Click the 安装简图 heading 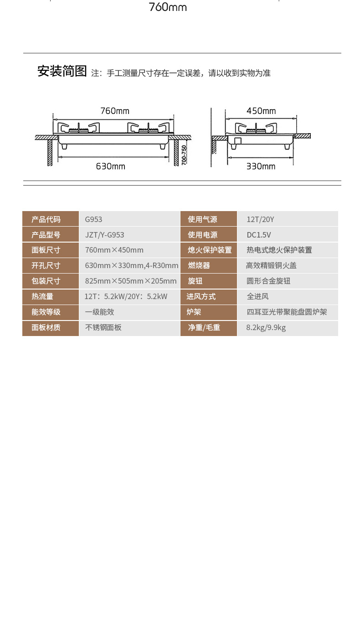[62, 71]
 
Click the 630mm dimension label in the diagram [111, 166]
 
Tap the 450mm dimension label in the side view [261, 111]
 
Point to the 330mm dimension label [261, 166]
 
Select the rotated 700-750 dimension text [184, 155]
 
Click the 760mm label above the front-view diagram [115, 111]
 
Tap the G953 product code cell [93, 219]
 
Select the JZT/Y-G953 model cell [104, 235]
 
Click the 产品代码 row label [46, 219]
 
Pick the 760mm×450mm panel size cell [114, 250]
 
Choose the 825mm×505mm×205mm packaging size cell [131, 281]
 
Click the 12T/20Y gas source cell [260, 219]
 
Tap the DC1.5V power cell [259, 235]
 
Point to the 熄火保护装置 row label [210, 250]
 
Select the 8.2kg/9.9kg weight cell [266, 327]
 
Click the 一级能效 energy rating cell [99, 312]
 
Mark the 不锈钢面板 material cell [103, 327]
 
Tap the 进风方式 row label [201, 296]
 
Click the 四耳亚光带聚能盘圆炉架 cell [287, 312]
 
